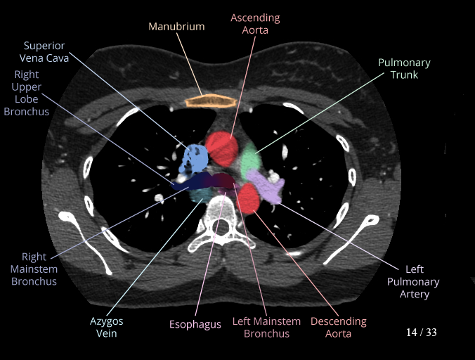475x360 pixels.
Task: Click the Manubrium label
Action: tap(176, 27)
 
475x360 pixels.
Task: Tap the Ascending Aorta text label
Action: tap(255, 24)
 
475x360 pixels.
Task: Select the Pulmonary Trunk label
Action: tap(404, 68)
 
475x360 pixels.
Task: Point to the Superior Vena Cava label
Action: tap(44, 52)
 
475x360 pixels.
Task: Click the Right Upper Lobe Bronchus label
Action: tap(28, 93)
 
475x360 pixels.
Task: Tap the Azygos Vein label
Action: tap(106, 328)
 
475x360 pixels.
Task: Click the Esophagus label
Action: tap(195, 325)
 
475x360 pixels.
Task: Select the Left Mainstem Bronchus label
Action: tap(266, 327)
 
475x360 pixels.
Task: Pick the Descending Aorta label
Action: tap(338, 327)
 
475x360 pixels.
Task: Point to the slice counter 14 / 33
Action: tap(421, 332)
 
